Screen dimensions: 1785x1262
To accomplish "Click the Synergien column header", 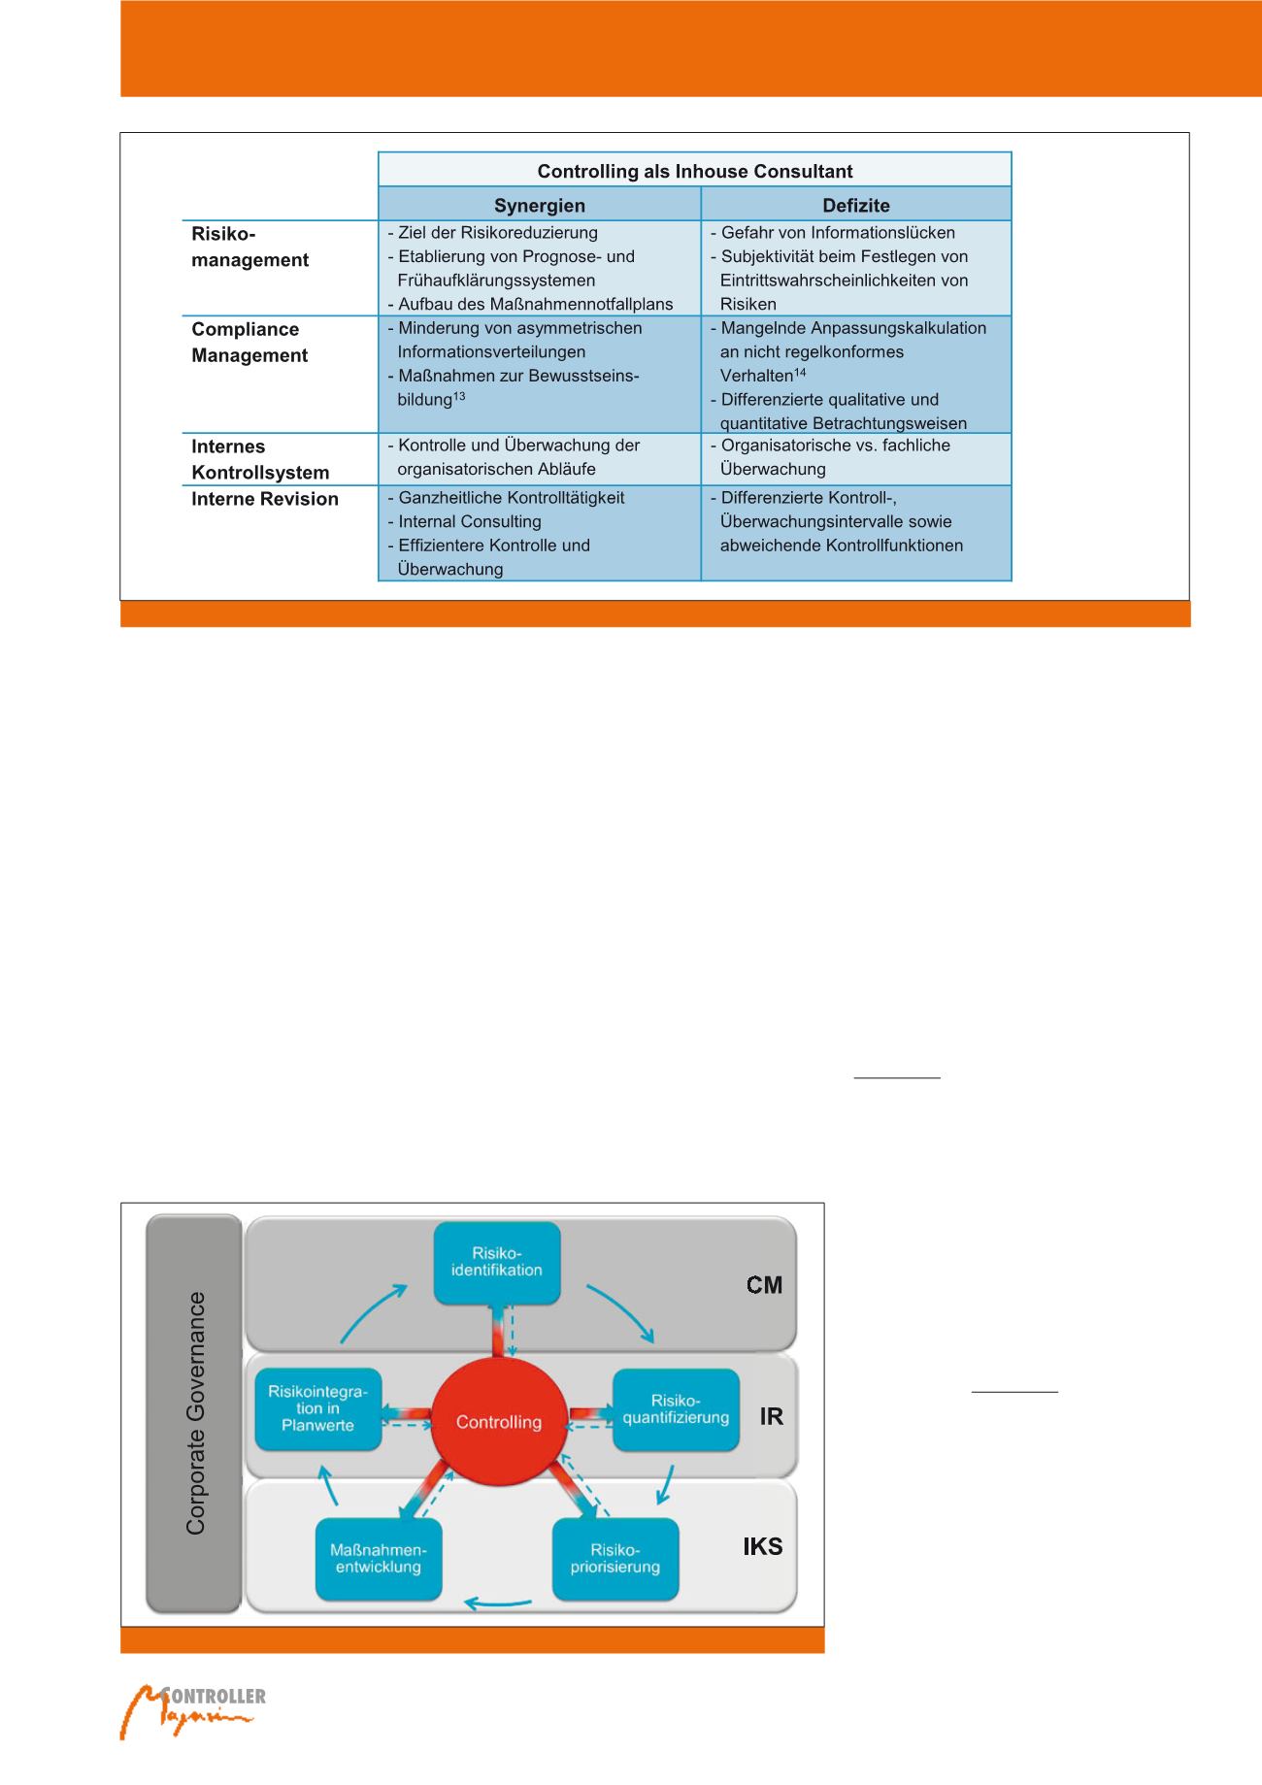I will pos(539,205).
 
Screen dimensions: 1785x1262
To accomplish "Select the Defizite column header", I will pos(855,205).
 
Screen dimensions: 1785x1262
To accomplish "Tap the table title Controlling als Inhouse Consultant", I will pos(694,171).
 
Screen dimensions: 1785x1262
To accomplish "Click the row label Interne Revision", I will pos(264,499).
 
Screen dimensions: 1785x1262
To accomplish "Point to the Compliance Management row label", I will pos(249,342).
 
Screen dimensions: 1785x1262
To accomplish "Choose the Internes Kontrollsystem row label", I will pos(259,459).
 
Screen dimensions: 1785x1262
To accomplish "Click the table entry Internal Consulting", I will pos(469,521).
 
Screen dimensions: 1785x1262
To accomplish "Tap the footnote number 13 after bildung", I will pos(459,396).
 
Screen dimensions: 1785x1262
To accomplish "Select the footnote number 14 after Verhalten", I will pos(800,372).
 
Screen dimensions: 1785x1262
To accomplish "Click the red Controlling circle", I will pos(499,1422).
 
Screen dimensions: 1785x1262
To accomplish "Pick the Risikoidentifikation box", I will pos(497,1262).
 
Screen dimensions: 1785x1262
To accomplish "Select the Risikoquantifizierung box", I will pos(676,1409).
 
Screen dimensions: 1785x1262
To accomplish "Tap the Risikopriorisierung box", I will pos(614,1559).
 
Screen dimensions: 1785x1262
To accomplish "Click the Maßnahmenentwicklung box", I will pos(378,1559).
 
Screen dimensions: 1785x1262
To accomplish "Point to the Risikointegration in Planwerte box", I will pos(317,1408).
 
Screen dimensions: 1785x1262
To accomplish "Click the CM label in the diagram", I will pos(764,1285).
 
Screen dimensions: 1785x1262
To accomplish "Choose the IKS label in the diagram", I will pos(762,1546).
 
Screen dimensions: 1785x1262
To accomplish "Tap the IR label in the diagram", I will pos(771,1416).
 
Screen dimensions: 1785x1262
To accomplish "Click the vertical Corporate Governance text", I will pos(195,1413).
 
